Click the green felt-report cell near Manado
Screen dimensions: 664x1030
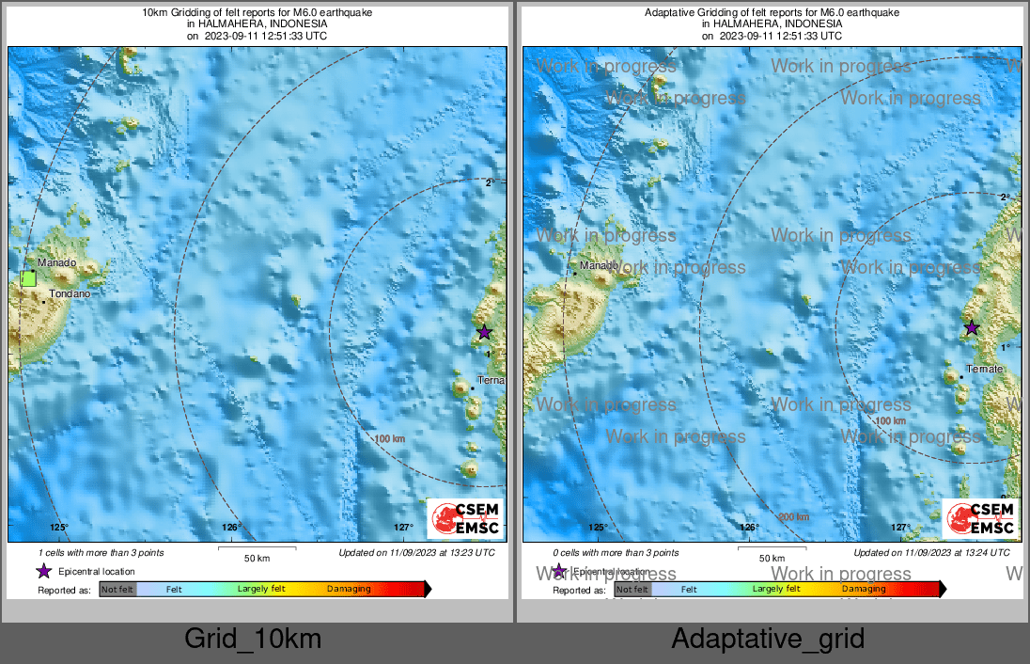28,277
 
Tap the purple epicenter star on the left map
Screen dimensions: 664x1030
484,332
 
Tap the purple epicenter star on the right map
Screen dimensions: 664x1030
972,328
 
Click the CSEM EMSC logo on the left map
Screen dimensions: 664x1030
466,518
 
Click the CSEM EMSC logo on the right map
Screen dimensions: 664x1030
980,518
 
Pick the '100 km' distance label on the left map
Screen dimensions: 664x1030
389,439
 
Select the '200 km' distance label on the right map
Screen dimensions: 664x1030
793,516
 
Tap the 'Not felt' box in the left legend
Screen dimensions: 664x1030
117,590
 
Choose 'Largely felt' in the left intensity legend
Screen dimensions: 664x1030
261,590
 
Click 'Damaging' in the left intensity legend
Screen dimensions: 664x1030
349,590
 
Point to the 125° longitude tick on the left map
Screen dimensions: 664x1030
59,527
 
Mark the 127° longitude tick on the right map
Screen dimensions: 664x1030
900,527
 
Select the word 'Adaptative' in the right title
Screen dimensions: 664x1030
669,13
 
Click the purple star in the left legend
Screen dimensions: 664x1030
43,571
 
